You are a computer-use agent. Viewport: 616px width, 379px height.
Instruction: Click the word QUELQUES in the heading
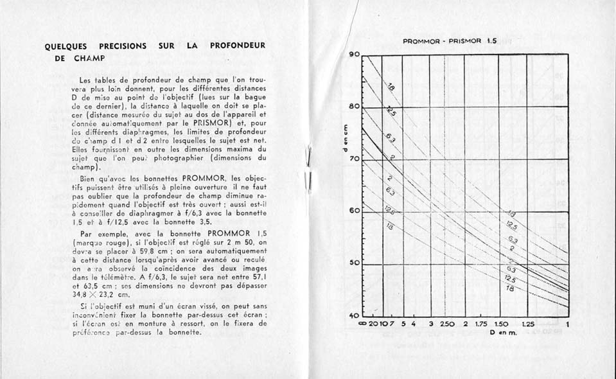click(x=66, y=46)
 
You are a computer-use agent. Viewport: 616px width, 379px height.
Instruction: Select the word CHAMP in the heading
click(x=89, y=58)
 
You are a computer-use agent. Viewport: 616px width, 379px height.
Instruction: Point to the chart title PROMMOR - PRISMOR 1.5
click(x=450, y=40)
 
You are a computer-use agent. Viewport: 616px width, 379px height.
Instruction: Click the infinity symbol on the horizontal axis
click(x=364, y=324)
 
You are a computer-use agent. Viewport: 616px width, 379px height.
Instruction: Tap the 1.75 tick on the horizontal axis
click(x=482, y=324)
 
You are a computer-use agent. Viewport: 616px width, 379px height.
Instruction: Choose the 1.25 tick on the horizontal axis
click(x=527, y=324)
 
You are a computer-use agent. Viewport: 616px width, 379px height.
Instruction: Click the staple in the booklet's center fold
click(x=308, y=168)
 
